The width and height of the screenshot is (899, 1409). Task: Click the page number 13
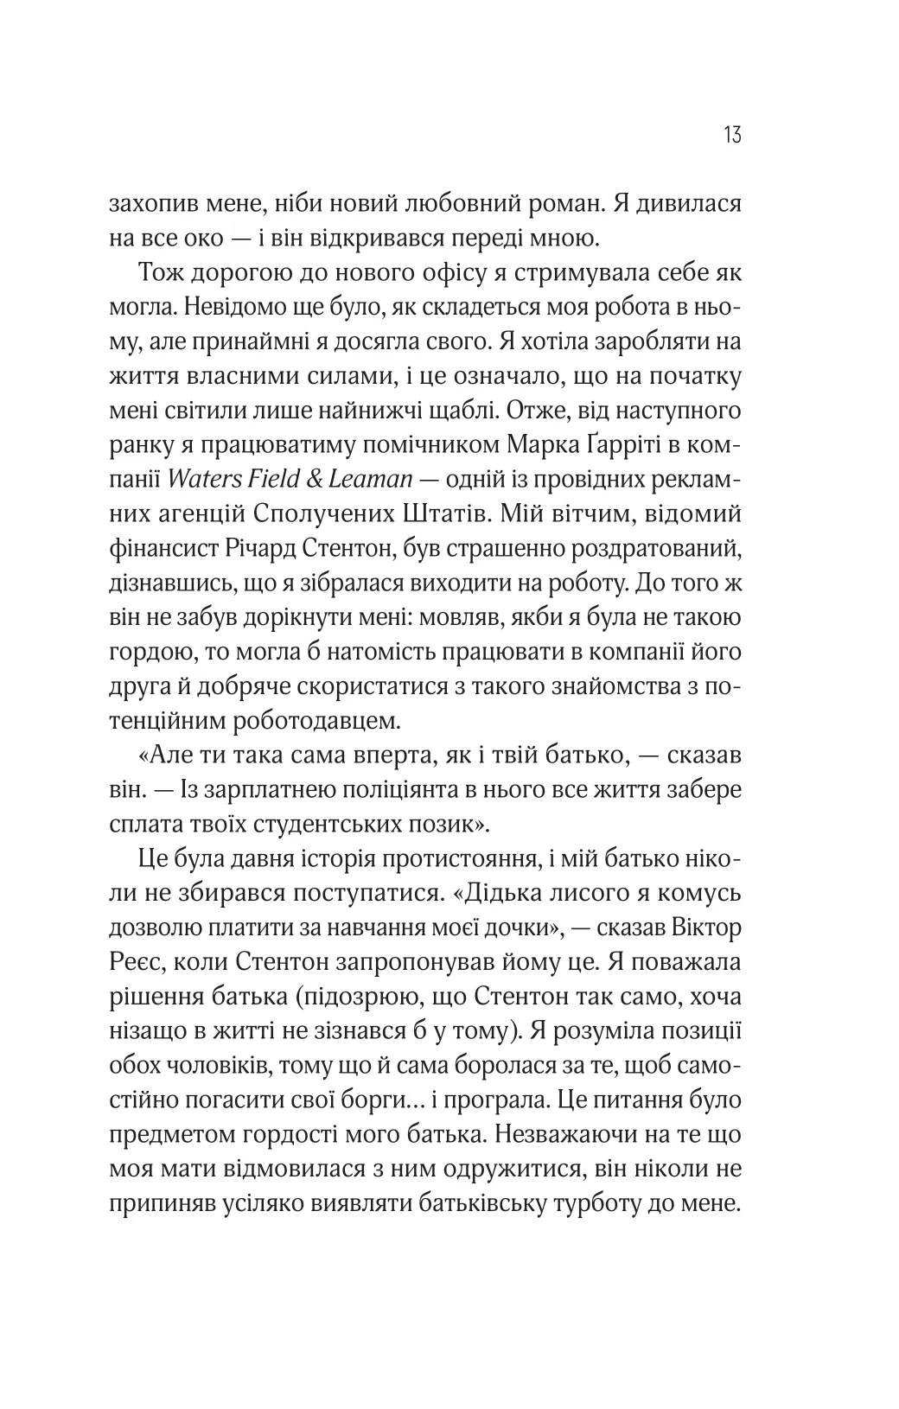pos(730,136)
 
